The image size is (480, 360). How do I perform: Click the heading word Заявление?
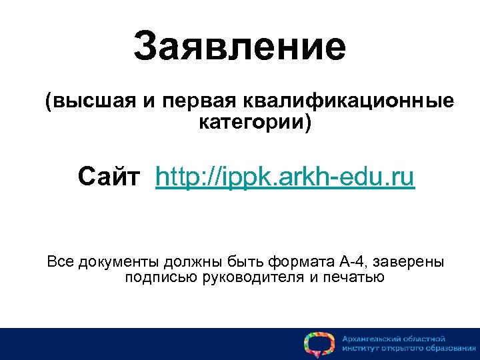pyautogui.click(x=239, y=47)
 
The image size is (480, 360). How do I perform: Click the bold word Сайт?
pyautogui.click(x=109, y=178)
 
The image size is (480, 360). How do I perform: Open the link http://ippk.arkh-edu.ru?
pyautogui.click(x=285, y=178)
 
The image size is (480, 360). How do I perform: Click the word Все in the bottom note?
pyautogui.click(x=61, y=261)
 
